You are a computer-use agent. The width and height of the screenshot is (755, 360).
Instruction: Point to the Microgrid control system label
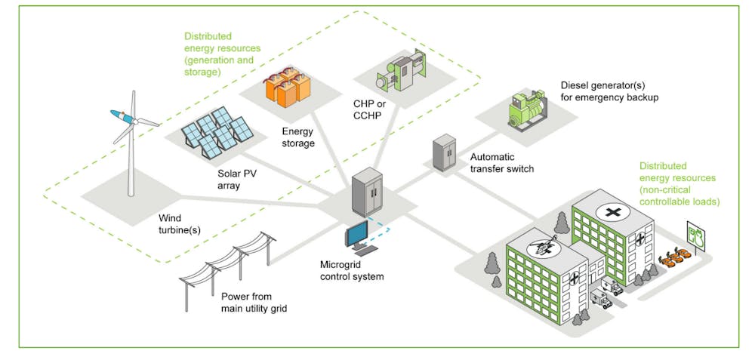351,270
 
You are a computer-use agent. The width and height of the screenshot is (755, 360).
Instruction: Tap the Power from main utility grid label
254,302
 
